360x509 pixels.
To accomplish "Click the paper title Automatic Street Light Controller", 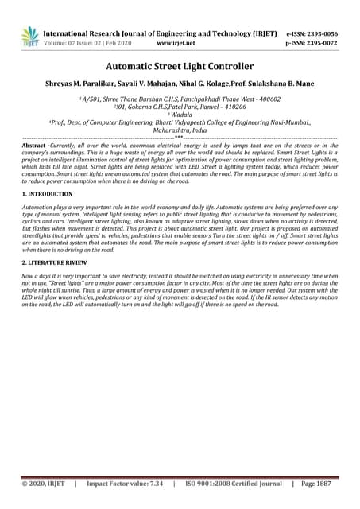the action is [x=180, y=66].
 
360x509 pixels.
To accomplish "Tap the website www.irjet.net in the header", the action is [x=172, y=45].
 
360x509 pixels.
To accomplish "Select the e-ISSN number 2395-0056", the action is [x=321, y=34].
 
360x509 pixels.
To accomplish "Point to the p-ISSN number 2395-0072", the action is [x=321, y=45].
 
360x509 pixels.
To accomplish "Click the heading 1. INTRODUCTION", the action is [x=50, y=194].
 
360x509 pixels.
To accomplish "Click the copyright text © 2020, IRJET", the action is [x=45, y=483].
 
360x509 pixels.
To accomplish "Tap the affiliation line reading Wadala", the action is [x=181, y=115].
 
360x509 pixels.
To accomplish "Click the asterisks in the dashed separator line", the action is [x=180, y=138].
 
